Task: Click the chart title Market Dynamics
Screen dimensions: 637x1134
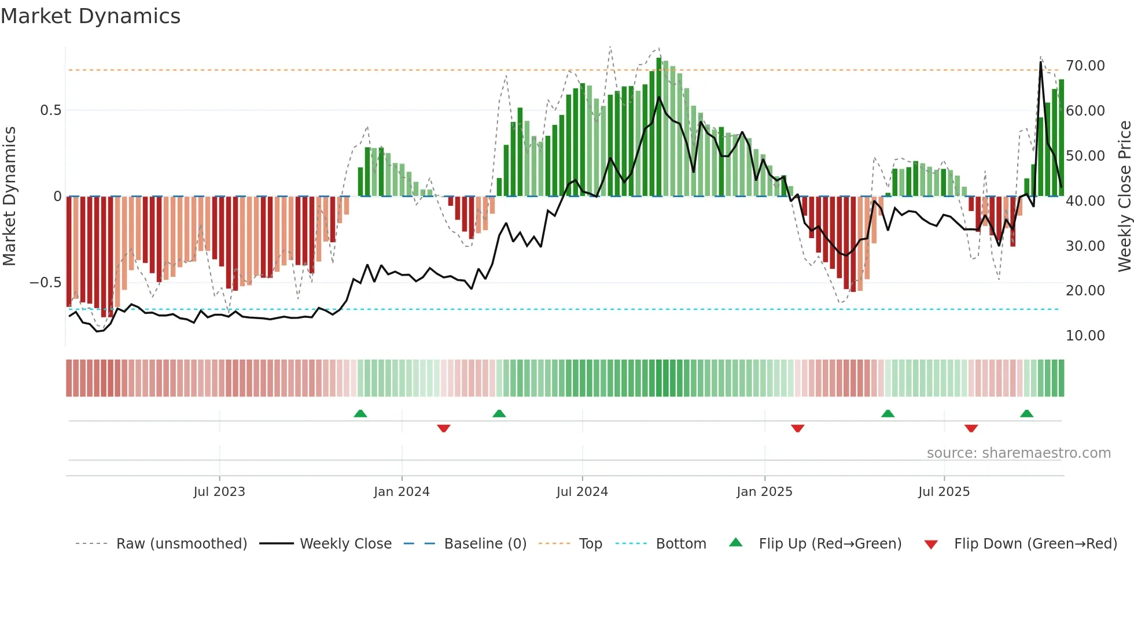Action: click(x=90, y=16)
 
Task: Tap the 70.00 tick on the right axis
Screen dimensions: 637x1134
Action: click(x=1085, y=66)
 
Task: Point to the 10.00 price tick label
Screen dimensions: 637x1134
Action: click(x=1085, y=336)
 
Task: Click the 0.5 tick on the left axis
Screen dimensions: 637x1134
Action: click(x=50, y=110)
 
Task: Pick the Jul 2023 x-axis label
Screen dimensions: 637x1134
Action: click(x=219, y=492)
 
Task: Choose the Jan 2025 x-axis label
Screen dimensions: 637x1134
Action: click(x=764, y=492)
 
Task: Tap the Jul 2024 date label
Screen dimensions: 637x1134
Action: click(x=582, y=492)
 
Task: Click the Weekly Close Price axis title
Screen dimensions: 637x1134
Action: click(x=1124, y=197)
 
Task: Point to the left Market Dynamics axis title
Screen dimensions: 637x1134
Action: click(x=9, y=197)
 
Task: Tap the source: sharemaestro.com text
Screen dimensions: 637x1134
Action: click(x=1018, y=453)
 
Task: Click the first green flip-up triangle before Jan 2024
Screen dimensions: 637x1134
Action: click(x=360, y=413)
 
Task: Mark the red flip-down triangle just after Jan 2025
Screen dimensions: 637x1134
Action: click(x=797, y=428)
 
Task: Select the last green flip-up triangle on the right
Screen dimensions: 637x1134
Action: click(x=1026, y=413)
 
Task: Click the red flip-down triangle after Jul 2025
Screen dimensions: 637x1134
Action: click(x=971, y=428)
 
